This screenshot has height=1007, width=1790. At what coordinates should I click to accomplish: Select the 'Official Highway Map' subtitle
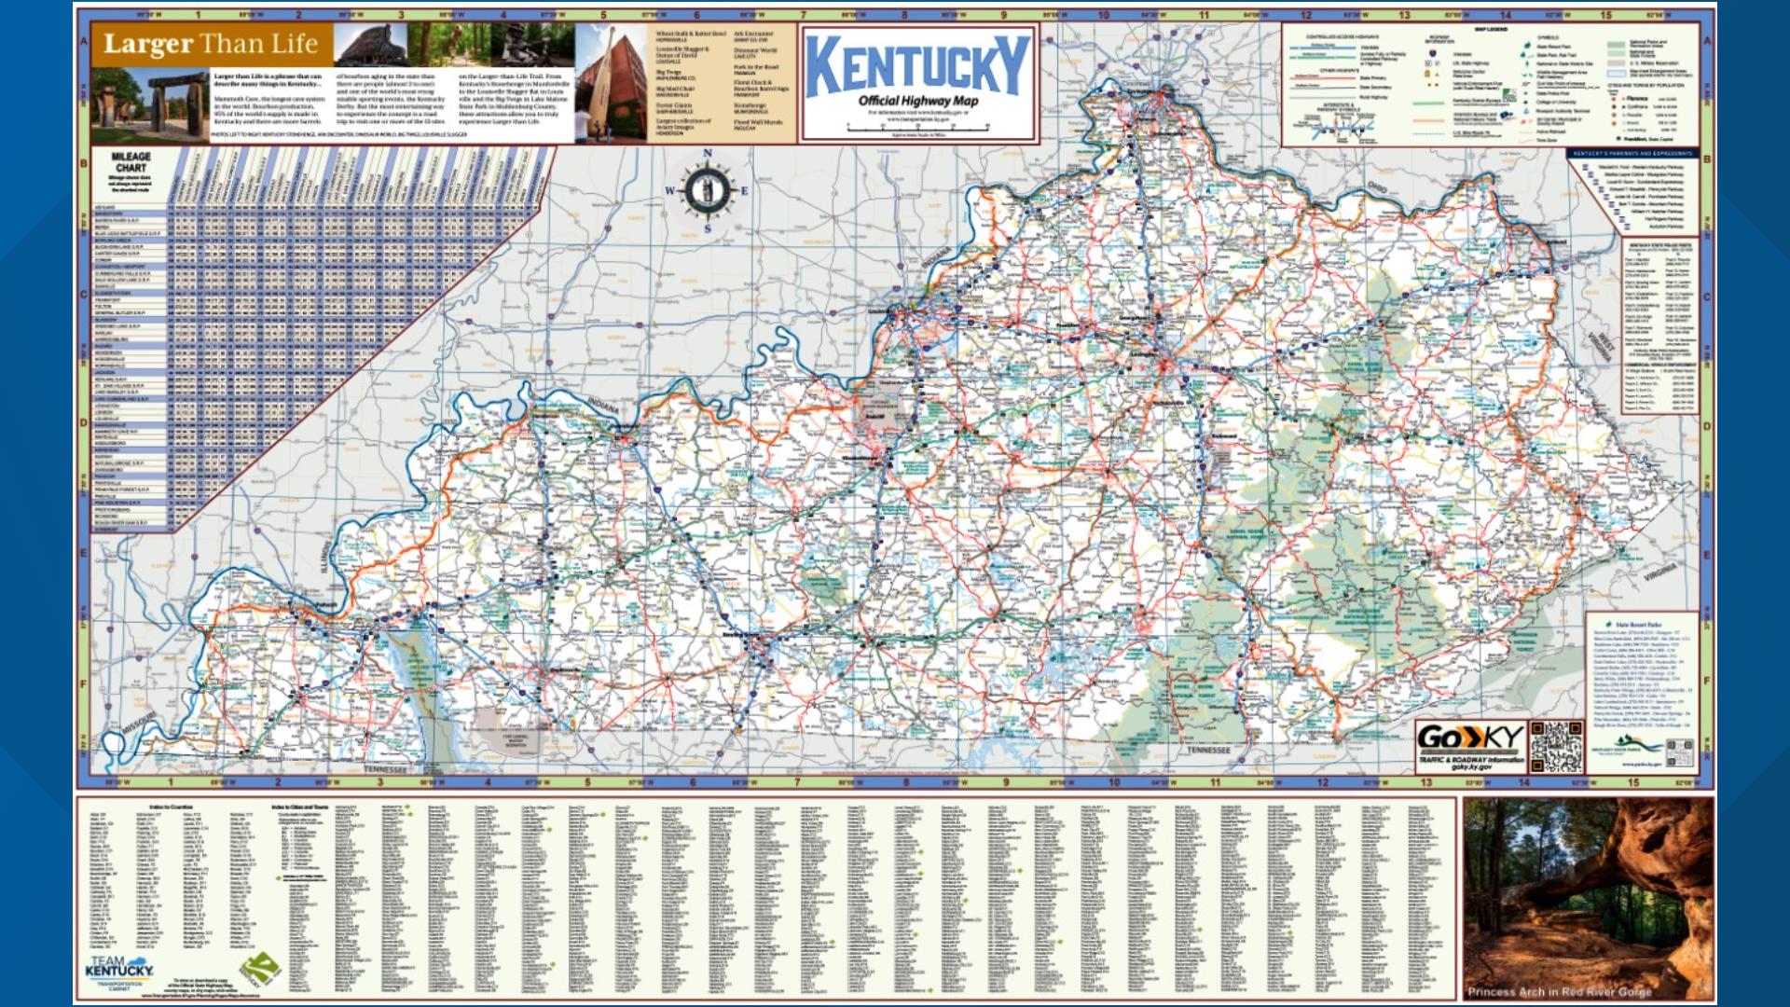[x=917, y=101]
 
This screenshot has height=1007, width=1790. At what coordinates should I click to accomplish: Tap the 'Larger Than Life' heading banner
[x=210, y=44]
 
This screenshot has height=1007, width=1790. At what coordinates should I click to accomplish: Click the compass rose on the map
[x=708, y=190]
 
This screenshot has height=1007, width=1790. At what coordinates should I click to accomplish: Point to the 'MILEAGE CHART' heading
[x=131, y=162]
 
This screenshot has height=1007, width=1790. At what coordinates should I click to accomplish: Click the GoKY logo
[x=1469, y=738]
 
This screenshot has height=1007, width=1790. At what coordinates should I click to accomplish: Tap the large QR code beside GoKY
[x=1556, y=746]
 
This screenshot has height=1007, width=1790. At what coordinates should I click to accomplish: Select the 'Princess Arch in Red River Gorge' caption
[x=1559, y=991]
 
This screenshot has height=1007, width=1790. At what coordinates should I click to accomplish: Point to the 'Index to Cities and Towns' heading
[x=299, y=807]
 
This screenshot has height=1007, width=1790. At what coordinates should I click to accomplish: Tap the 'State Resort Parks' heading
[x=1639, y=624]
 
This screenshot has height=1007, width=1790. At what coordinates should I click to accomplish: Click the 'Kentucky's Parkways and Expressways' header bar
[x=1632, y=153]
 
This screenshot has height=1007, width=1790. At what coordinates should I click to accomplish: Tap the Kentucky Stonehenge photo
[x=149, y=104]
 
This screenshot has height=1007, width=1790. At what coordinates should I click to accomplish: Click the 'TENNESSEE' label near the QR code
[x=1208, y=750]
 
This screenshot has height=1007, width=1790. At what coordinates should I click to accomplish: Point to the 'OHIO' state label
[x=1377, y=188]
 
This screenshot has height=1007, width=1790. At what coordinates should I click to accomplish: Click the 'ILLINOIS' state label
[x=326, y=559]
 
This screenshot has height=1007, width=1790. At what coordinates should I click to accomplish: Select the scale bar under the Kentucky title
[x=918, y=128]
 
